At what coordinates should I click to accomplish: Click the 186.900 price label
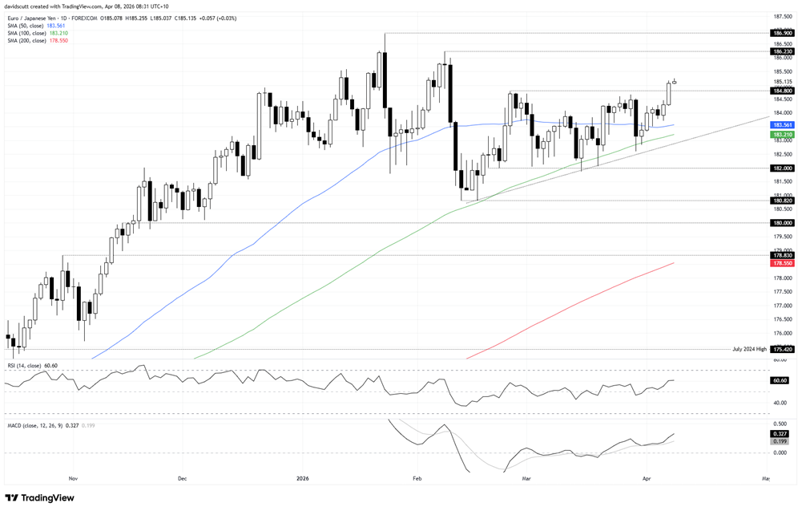pyautogui.click(x=781, y=33)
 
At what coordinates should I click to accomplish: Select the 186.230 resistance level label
pyautogui.click(x=781, y=51)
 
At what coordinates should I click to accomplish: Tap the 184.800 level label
pyautogui.click(x=781, y=91)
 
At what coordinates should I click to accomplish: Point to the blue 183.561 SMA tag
pyautogui.click(x=781, y=125)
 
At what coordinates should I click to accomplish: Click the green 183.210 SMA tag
pyautogui.click(x=781, y=135)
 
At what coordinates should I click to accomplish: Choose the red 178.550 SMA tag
pyautogui.click(x=781, y=263)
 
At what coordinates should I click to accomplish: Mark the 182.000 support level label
pyautogui.click(x=781, y=168)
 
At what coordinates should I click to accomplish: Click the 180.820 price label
pyautogui.click(x=781, y=201)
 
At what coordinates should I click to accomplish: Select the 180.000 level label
pyautogui.click(x=781, y=223)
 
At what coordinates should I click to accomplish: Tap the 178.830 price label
pyautogui.click(x=781, y=255)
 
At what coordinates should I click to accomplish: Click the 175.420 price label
pyautogui.click(x=781, y=350)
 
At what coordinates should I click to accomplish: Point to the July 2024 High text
pyautogui.click(x=749, y=350)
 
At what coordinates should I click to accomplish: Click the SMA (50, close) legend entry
pyautogui.click(x=35, y=26)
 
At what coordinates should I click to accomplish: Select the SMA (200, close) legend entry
pyautogui.click(x=38, y=40)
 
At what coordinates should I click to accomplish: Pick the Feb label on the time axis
pyautogui.click(x=415, y=478)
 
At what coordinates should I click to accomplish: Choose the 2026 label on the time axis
pyautogui.click(x=302, y=478)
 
